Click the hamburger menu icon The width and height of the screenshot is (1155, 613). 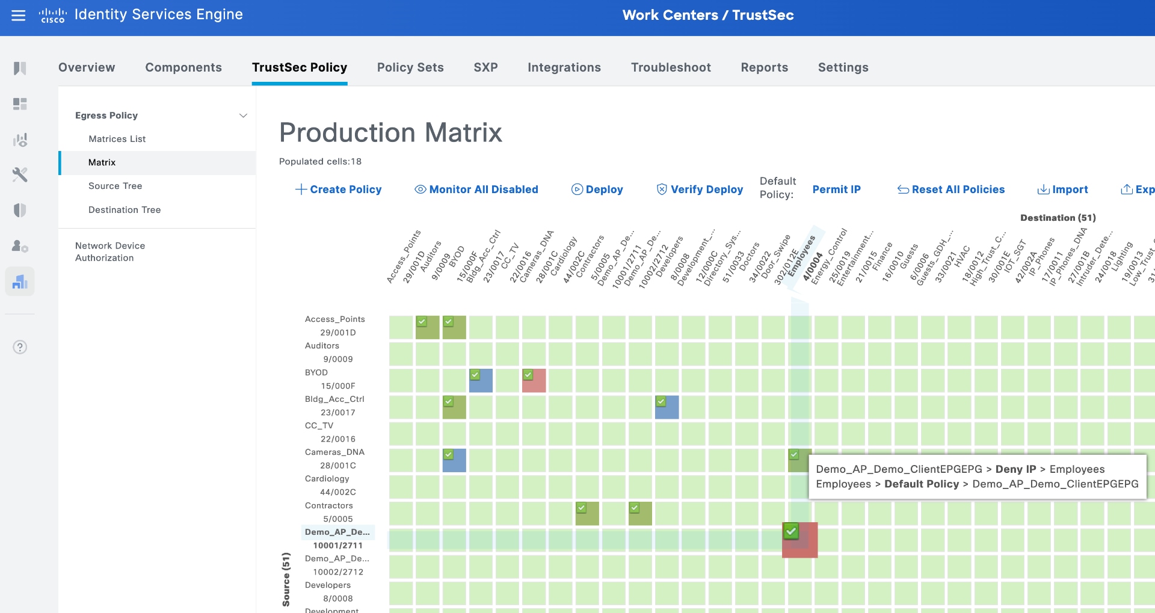[19, 16]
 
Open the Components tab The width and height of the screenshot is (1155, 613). [183, 67]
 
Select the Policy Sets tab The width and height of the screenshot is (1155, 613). [410, 67]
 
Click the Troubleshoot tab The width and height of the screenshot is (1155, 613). [671, 67]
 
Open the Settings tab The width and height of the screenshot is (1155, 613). [843, 67]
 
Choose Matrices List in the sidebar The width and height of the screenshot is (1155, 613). [117, 139]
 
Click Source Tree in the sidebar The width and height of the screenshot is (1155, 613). [115, 186]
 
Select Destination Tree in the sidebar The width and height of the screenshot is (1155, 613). [125, 210]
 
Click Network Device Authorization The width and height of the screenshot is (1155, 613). [110, 251]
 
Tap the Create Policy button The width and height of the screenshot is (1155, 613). [339, 189]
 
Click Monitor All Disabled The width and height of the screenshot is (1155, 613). [476, 189]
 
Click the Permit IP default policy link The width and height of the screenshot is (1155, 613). [836, 189]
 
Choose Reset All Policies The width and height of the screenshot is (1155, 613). [951, 189]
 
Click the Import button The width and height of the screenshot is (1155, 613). [1062, 189]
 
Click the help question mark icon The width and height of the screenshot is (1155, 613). [20, 347]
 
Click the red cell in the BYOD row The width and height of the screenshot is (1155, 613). [534, 381]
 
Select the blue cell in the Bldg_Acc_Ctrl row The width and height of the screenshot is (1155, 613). [667, 407]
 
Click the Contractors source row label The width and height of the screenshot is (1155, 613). [329, 506]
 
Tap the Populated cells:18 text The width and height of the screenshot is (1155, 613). [320, 161]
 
